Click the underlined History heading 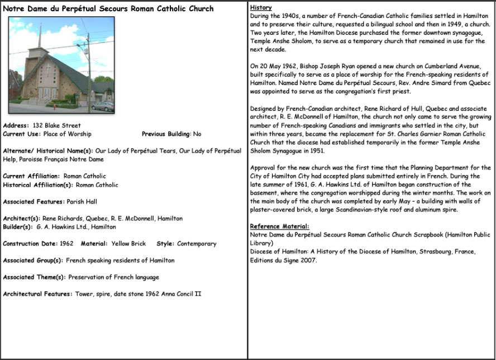tap(261, 8)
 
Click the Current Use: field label tap(22, 134)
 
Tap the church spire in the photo tap(39, 36)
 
